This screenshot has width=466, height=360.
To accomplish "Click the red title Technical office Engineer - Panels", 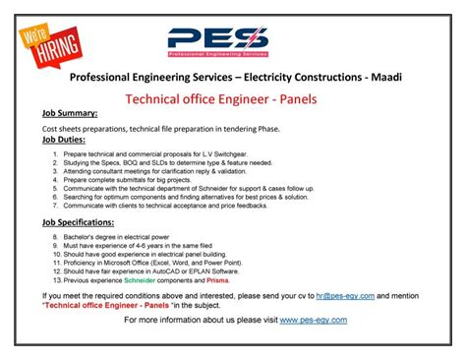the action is click(233, 98).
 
